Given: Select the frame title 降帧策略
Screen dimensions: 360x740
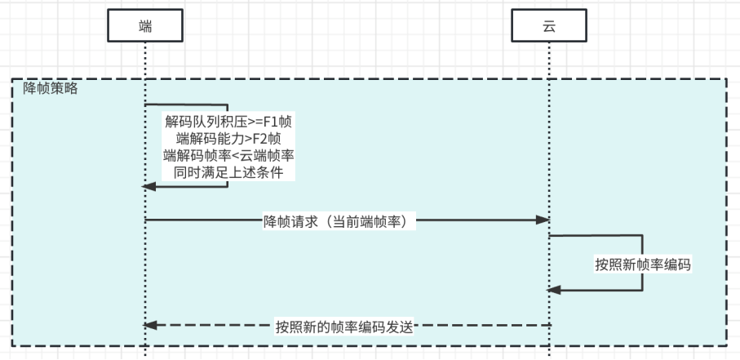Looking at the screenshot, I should pos(51,88).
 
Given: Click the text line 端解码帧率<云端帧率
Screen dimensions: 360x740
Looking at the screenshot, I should pos(228,156).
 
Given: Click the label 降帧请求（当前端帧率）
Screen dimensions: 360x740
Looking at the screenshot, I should pos(340,220).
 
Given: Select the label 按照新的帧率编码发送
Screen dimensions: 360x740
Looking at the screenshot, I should pos(345,327).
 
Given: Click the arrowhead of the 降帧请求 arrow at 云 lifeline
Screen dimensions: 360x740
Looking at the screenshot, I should pos(542,220).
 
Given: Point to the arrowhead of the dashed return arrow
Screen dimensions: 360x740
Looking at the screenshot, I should pos(149,326).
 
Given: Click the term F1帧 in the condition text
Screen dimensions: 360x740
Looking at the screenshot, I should pos(278,122).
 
